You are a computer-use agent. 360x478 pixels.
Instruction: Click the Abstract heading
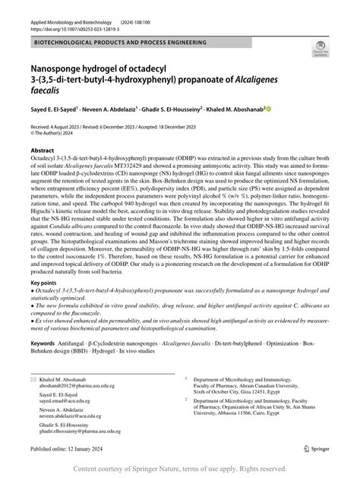coord(43,152)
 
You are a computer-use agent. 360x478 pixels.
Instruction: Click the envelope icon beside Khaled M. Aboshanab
coord(33,378)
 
